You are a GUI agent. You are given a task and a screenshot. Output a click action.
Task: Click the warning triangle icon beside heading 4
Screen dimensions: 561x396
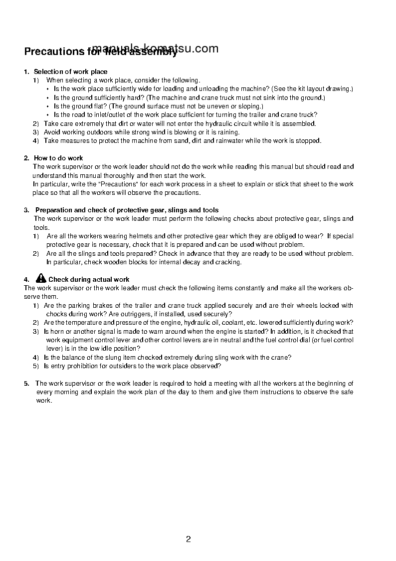pos(41,279)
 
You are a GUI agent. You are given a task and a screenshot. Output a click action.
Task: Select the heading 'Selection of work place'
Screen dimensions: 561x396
pos(70,71)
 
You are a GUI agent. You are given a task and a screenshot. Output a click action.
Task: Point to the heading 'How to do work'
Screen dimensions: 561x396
pos(58,158)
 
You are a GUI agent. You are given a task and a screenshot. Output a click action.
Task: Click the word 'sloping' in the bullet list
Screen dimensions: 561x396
pos(250,106)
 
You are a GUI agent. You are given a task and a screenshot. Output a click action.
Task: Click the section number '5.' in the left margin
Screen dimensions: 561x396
pos(27,384)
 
